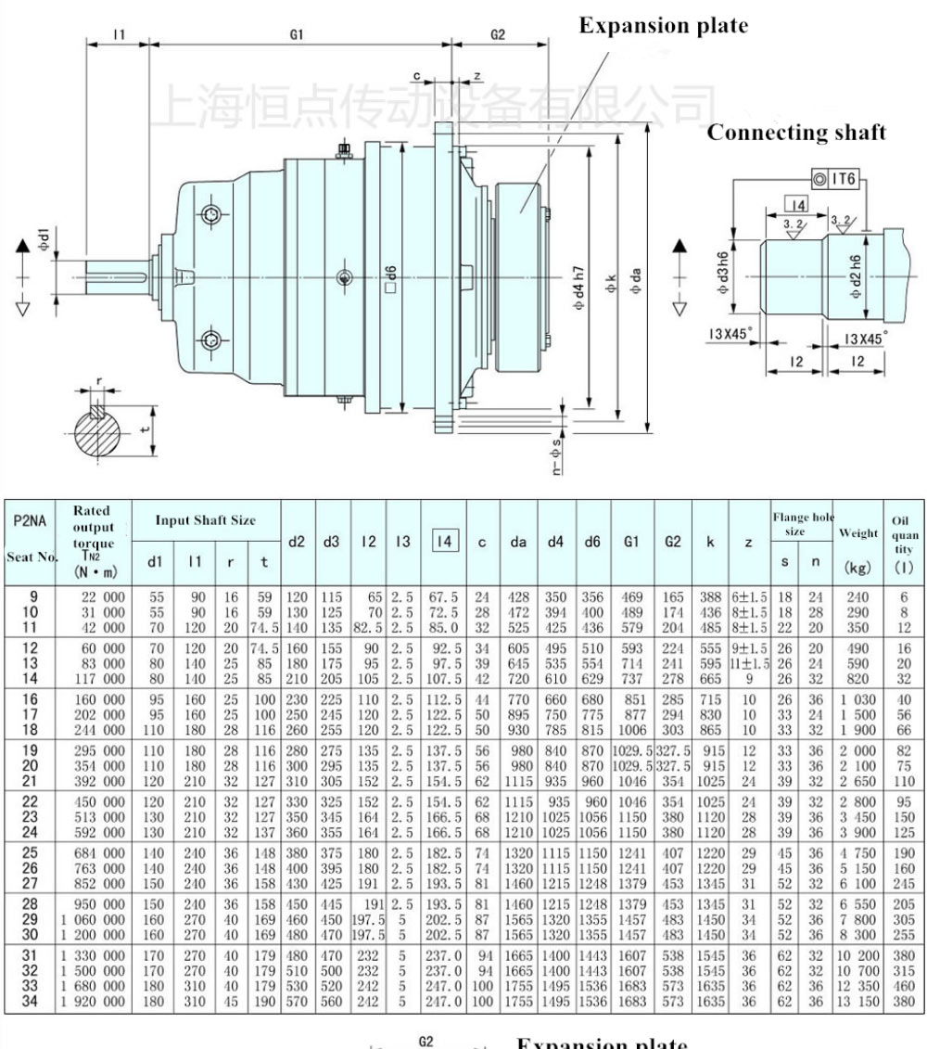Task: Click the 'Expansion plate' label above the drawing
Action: click(663, 26)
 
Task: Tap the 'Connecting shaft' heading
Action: click(796, 133)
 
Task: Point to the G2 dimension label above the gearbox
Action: click(498, 35)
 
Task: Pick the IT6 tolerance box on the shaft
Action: click(835, 177)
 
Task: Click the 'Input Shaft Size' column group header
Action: click(206, 520)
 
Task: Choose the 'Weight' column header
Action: click(857, 533)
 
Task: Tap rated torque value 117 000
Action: click(103, 679)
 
